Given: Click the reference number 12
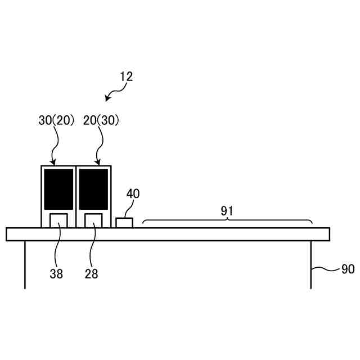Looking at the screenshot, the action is pyautogui.click(x=126, y=77).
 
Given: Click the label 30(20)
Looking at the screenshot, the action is pyautogui.click(x=56, y=121).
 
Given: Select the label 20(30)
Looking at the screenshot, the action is pyautogui.click(x=101, y=121).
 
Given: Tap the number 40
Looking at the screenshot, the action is pyautogui.click(x=133, y=195).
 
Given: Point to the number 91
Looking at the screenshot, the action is pyautogui.click(x=227, y=211).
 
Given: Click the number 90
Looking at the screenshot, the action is pyautogui.click(x=348, y=269).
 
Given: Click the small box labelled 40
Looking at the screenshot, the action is pyautogui.click(x=124, y=223).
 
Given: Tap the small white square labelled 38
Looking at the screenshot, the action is pyautogui.click(x=58, y=220).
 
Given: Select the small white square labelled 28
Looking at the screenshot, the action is pyautogui.click(x=93, y=220).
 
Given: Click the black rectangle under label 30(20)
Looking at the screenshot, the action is pyautogui.click(x=58, y=188).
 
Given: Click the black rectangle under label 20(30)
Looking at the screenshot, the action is pyautogui.click(x=93, y=188).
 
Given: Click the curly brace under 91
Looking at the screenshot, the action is pyautogui.click(x=227, y=221).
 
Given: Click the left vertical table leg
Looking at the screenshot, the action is pyautogui.click(x=25, y=264).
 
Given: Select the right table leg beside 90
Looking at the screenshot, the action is pyautogui.click(x=311, y=264).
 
